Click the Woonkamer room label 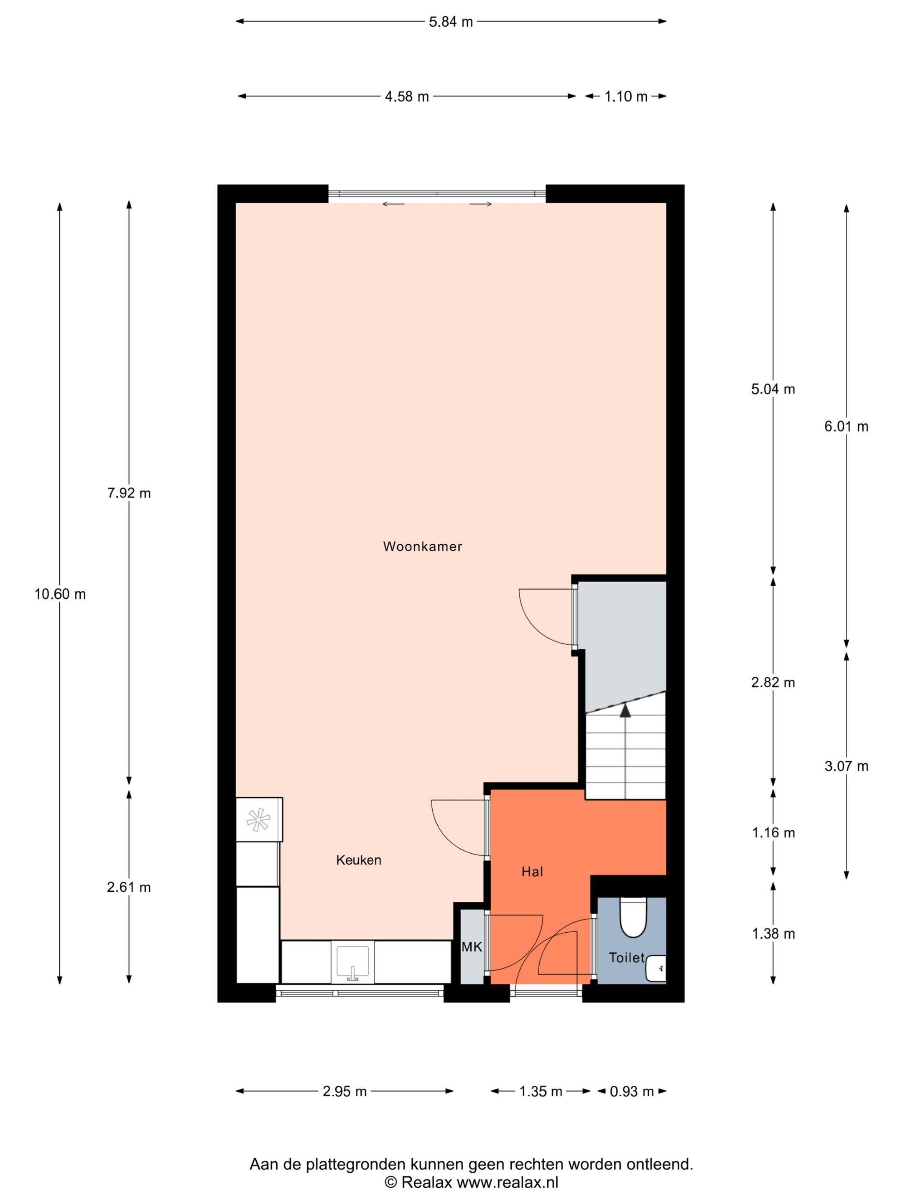point(422,546)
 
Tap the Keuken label point(359,860)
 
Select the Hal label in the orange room point(532,872)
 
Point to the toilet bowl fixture point(633,919)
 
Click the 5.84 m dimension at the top point(451,22)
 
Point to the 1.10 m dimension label point(626,97)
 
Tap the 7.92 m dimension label point(129,494)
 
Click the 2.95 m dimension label point(344,1091)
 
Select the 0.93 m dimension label point(631,1091)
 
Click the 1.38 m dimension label point(773,934)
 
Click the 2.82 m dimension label point(773,683)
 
